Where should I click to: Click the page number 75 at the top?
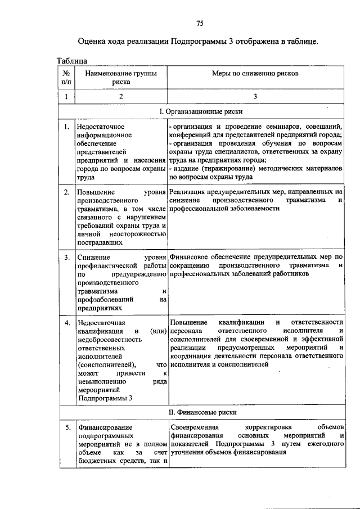pyautogui.click(x=200, y=22)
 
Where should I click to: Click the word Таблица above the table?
pyautogui.click(x=71, y=60)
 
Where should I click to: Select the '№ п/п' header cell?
pyautogui.click(x=66, y=77)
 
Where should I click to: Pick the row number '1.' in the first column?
pyautogui.click(x=66, y=127)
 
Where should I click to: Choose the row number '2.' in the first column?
pyautogui.click(x=66, y=192)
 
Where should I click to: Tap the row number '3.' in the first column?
pyautogui.click(x=66, y=258)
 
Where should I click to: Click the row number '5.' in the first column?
pyautogui.click(x=66, y=428)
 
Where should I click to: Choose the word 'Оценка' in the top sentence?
pyautogui.click(x=92, y=41)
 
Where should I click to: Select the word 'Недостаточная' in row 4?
pyautogui.click(x=102, y=323)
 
